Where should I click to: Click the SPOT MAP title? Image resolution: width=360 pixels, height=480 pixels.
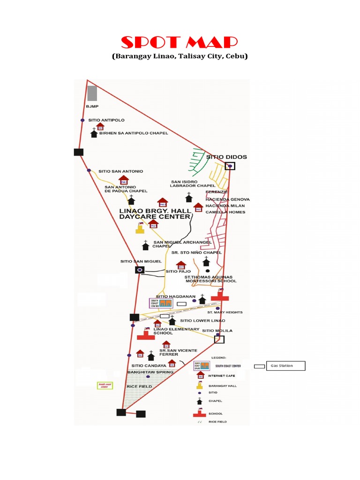click(180, 43)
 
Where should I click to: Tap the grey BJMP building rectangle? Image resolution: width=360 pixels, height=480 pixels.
click(92, 93)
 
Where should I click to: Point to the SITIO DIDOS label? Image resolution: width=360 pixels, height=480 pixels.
click(226, 157)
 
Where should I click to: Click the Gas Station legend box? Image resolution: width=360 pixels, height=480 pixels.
click(285, 366)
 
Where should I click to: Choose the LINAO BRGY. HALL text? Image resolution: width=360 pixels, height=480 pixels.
click(155, 210)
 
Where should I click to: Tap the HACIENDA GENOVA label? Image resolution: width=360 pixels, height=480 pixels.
click(227, 199)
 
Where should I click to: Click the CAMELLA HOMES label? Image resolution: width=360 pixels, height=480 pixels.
click(225, 212)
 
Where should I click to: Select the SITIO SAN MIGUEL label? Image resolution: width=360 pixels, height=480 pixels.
click(141, 262)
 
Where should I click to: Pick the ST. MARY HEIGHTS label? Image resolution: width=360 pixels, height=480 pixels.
click(225, 312)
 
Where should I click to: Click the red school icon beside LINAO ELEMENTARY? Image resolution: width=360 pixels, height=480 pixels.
click(146, 336)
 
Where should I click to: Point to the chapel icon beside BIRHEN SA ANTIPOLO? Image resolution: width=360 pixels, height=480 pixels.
click(94, 134)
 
